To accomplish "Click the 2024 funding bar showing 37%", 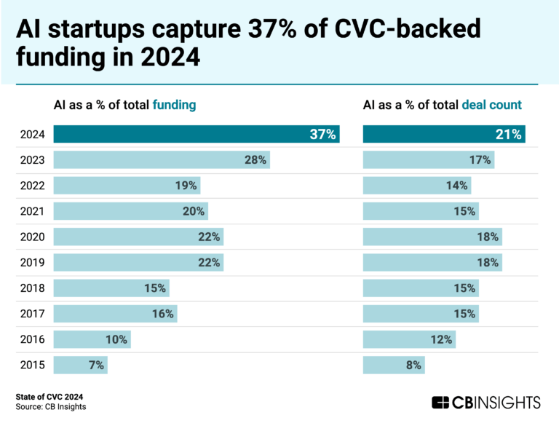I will pyautogui.click(x=197, y=134).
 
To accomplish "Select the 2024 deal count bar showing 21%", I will pyautogui.click(x=444, y=134).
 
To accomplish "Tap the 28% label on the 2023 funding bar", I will pyautogui.click(x=255, y=159).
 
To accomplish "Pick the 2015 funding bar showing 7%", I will pyautogui.click(x=80, y=365).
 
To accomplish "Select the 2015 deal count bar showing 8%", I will pyautogui.click(x=393, y=365).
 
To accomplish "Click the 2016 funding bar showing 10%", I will pyautogui.click(x=92, y=339).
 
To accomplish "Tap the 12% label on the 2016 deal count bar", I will pyautogui.click(x=441, y=339).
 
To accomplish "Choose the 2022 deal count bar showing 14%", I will pyautogui.click(x=416, y=186).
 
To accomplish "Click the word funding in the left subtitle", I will pyautogui.click(x=174, y=105).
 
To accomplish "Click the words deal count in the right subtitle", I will pyautogui.click(x=491, y=105).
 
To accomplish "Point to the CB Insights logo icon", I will pyautogui.click(x=440, y=403).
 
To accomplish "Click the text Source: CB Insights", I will pyautogui.click(x=51, y=407).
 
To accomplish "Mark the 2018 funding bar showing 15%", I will pyautogui.click(x=111, y=288).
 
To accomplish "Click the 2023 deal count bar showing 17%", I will pyautogui.click(x=428, y=159).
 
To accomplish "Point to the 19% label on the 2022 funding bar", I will pyautogui.click(x=186, y=186).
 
